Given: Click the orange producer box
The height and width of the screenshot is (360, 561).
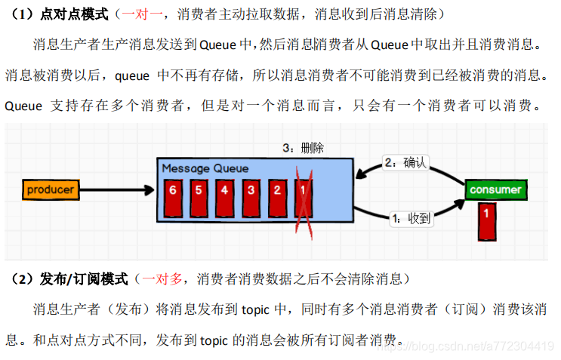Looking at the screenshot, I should click(x=51, y=190).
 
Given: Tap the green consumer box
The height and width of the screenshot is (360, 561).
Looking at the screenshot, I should click(x=495, y=190).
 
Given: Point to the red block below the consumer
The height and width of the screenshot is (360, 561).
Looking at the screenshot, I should click(x=486, y=219).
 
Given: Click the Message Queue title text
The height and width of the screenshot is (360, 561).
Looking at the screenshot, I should click(x=205, y=168).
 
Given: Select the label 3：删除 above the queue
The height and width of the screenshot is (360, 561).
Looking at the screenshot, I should click(x=303, y=148).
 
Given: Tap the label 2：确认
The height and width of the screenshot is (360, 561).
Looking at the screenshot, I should click(x=405, y=162).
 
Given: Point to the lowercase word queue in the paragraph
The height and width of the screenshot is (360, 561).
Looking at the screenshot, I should click(x=132, y=75).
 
